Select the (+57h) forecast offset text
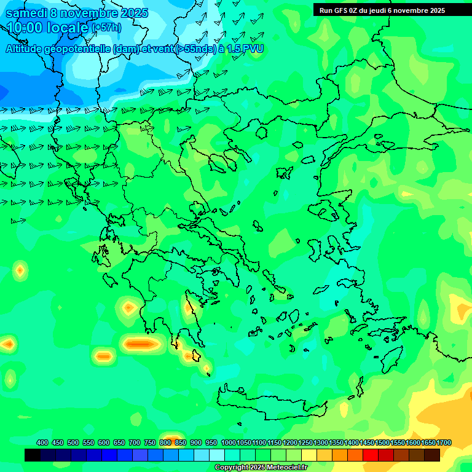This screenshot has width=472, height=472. point(106,28)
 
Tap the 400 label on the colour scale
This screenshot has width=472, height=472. point(42,442)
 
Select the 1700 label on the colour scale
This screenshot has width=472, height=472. point(444,442)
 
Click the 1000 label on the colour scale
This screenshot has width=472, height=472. point(228,442)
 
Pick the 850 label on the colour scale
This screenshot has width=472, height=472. point(181,442)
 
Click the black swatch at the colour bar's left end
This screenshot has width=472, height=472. point(33,455)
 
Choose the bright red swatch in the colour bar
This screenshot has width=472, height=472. point(370,455)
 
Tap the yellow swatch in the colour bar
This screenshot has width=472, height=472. point(309,455)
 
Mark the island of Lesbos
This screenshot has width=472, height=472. point(325,210)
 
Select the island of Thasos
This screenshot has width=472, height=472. point(261,133)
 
